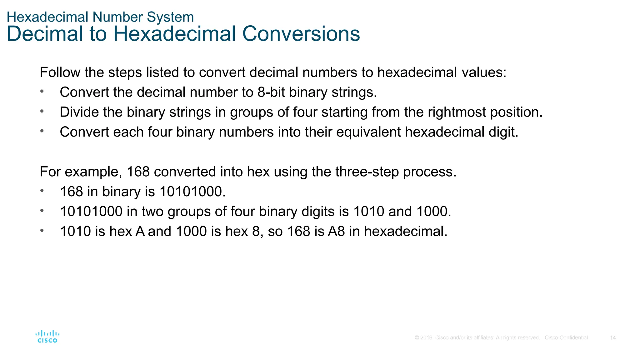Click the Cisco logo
click(47, 337)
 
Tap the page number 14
click(612, 338)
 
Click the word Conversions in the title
click(301, 34)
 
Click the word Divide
click(79, 112)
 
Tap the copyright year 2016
click(426, 338)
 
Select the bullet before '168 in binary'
click(42, 191)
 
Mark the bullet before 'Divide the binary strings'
click(42, 111)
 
